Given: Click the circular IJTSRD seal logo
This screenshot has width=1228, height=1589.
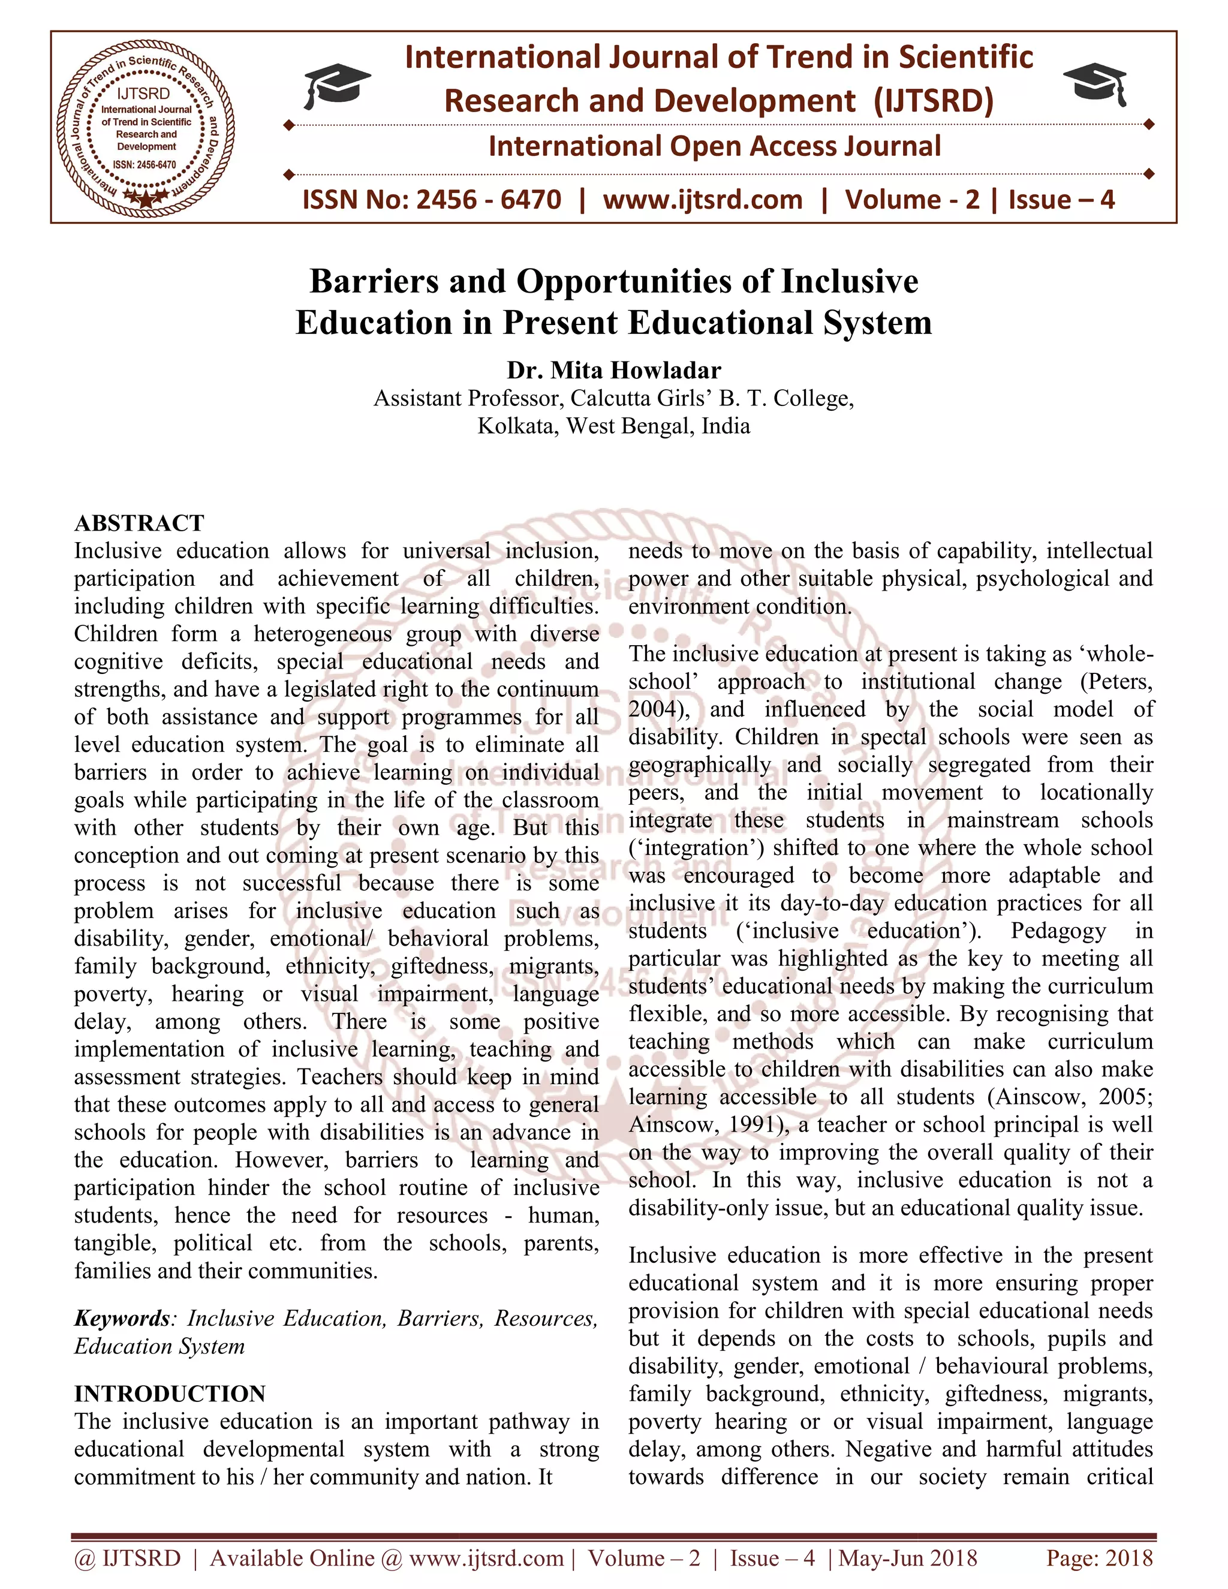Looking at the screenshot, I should (146, 127).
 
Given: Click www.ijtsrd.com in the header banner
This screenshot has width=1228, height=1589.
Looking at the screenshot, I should (702, 199).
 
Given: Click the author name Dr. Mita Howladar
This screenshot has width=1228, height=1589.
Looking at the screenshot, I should (613, 371).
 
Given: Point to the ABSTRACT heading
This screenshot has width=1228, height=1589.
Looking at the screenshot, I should (139, 523).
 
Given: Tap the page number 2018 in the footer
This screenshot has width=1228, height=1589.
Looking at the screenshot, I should (1128, 1558).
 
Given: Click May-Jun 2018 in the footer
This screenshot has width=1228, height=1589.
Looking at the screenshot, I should (907, 1558).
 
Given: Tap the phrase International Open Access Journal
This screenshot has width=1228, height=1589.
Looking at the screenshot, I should (714, 146).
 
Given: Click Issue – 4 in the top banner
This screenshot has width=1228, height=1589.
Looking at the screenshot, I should (1061, 199).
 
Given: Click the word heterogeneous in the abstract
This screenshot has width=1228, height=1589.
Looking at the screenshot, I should (321, 634).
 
